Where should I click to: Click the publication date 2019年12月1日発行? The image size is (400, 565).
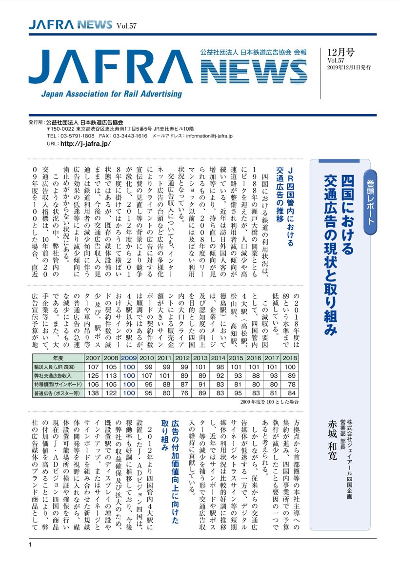coord(349,68)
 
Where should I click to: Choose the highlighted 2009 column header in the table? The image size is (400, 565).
coord(128,358)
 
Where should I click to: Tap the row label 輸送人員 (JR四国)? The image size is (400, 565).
coord(58,367)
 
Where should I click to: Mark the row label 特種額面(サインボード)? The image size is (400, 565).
coord(58,384)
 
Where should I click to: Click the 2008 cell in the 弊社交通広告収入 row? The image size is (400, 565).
coord(111,376)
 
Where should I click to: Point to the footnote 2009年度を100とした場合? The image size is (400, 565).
coord(269,402)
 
